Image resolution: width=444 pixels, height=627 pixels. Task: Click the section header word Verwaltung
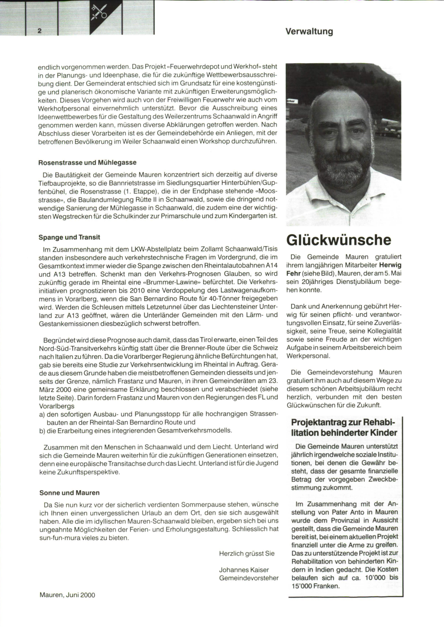coord(309,31)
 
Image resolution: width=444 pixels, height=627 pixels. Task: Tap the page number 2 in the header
coord(40,31)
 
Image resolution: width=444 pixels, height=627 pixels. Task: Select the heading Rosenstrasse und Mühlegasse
coord(87,162)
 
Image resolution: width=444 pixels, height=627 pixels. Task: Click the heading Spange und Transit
coord(70,237)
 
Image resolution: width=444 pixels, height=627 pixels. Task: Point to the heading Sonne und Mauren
coord(70,493)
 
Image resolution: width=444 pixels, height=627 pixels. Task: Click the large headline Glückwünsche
coord(339,240)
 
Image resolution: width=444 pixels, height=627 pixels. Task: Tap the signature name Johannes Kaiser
coord(244,570)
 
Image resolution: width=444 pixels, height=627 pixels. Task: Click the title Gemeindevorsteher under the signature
coord(249,578)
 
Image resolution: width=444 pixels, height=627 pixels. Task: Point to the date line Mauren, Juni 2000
coord(67,595)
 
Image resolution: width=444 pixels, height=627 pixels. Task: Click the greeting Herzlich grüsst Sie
coord(247,553)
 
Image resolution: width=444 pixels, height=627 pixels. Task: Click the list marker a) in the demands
coord(42,414)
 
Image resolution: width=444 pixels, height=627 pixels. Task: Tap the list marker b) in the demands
coord(42,430)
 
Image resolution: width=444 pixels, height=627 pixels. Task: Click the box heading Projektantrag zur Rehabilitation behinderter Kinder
coord(344,427)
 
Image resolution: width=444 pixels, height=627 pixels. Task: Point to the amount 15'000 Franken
coord(315,586)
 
